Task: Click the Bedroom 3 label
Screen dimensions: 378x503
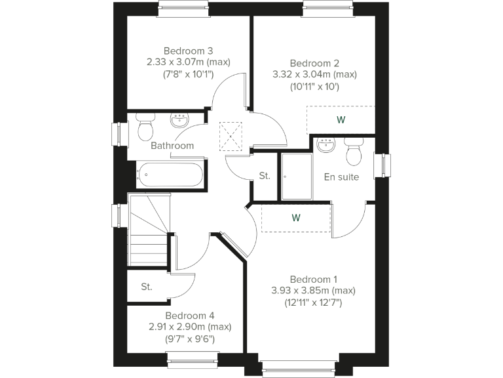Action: point(188,51)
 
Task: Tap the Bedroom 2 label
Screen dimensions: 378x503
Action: point(314,63)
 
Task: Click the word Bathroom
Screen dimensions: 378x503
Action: point(172,146)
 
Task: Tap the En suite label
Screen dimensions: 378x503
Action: point(341,177)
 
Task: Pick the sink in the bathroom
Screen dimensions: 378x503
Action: point(179,120)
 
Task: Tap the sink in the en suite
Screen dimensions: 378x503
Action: point(326,144)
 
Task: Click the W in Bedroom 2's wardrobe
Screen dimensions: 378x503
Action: point(341,120)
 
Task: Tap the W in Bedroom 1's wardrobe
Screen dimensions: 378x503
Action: point(296,218)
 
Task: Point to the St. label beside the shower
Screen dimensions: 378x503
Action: point(265,176)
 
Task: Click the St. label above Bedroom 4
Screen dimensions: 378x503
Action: point(147,287)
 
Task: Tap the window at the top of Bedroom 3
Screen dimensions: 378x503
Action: point(183,9)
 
